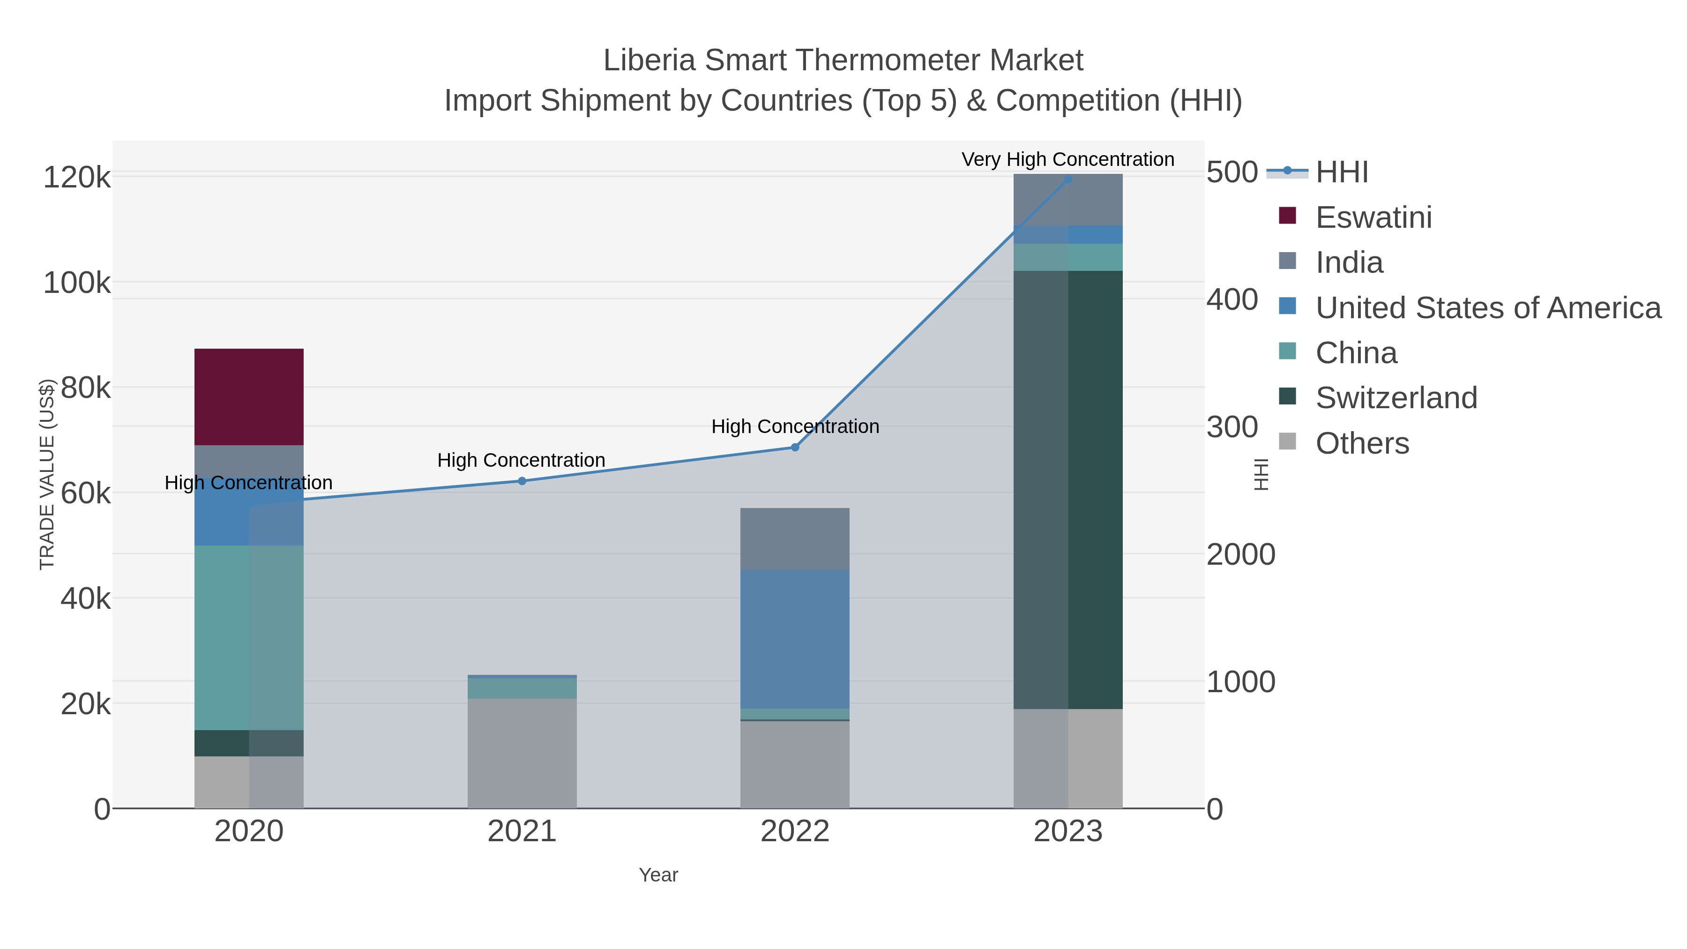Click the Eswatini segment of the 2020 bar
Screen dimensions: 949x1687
click(x=249, y=397)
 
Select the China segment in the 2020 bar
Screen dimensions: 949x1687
click(x=249, y=637)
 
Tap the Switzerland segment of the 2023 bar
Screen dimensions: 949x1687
click(x=1068, y=489)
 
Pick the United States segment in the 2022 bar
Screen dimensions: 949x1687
click(x=794, y=639)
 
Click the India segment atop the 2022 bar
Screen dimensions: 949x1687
click(x=794, y=538)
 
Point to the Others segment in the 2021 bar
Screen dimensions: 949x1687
click(x=522, y=753)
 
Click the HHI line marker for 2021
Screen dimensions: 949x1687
click(x=522, y=481)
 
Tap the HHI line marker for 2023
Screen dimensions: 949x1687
click(x=1068, y=179)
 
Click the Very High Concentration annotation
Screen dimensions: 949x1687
click(x=1067, y=159)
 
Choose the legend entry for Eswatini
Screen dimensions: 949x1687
click(x=1373, y=217)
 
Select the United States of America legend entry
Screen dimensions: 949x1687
click(x=1488, y=308)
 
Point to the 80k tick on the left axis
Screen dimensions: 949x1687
click(x=86, y=388)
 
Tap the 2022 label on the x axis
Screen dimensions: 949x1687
click(x=794, y=831)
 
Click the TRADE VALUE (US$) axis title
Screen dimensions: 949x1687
click(x=47, y=474)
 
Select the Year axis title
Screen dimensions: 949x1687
click(x=658, y=875)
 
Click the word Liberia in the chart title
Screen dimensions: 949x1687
click(x=649, y=60)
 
